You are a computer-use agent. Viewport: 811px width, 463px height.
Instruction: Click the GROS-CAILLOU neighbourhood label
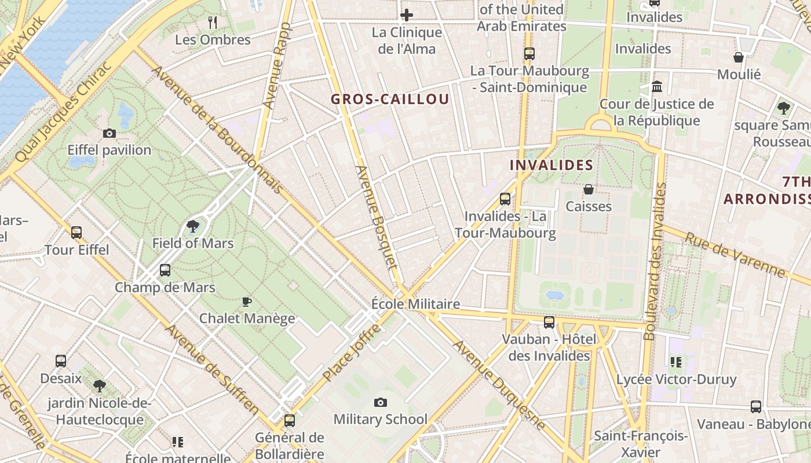390,99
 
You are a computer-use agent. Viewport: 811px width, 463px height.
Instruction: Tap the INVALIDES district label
551,165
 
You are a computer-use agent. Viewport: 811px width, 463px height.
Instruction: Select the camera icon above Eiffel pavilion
109,134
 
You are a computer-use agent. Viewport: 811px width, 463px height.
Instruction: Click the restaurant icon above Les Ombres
213,23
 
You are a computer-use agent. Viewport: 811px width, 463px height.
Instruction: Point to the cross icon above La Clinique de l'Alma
407,15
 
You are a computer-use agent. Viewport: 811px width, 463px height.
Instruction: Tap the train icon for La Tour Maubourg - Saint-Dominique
529,54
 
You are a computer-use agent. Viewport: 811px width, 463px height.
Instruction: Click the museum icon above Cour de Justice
657,87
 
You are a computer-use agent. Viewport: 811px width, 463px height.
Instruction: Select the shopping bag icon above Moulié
739,57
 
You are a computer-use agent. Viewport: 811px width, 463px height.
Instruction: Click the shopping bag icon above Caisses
589,189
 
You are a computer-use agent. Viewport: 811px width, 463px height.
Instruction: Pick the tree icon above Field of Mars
193,226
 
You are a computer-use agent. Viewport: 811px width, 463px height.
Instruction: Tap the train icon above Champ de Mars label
165,270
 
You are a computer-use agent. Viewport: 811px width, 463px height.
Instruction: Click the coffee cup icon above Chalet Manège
247,302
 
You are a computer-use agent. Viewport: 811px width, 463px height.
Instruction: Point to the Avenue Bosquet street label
377,217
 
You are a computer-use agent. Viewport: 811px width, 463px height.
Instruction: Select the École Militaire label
415,304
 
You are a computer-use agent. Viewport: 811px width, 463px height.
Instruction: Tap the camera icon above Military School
380,402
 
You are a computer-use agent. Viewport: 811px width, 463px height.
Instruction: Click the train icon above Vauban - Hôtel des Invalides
549,322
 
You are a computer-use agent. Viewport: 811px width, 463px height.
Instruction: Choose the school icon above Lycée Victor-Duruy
675,362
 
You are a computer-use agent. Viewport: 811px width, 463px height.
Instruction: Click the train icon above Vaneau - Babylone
755,407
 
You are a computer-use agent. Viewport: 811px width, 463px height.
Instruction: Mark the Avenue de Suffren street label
213,370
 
